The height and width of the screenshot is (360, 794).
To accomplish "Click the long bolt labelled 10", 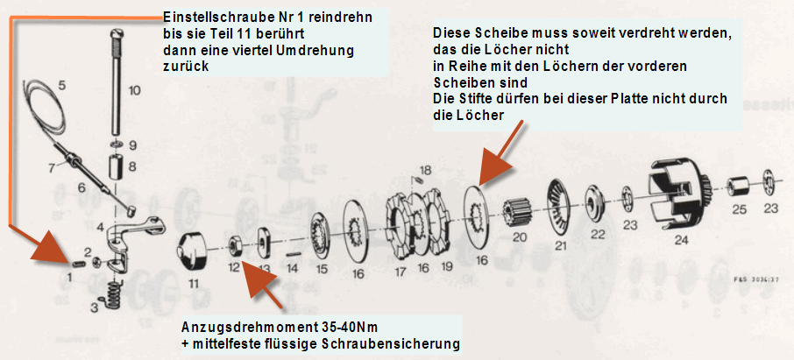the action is (x=116, y=85).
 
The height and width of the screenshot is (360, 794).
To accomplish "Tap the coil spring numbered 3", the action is (x=113, y=294).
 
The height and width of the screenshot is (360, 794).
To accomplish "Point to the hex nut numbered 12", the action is (x=235, y=244).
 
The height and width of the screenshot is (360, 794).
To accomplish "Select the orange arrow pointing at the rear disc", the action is (x=500, y=151).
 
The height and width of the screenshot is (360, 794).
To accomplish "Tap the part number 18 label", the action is (x=425, y=168).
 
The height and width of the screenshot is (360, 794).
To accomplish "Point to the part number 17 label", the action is (x=400, y=272).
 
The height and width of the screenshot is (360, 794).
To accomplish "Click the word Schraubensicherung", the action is (x=391, y=344).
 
